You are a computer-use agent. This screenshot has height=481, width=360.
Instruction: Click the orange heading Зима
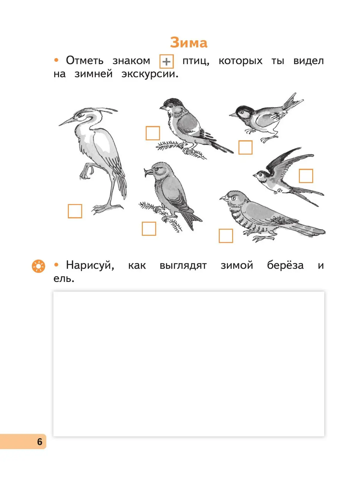[x=189, y=43]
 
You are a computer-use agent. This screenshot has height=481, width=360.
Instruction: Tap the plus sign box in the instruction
[x=166, y=61]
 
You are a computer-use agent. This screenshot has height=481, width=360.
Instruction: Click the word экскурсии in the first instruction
[x=150, y=74]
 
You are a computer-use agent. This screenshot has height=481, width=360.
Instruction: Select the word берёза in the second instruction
[x=285, y=265]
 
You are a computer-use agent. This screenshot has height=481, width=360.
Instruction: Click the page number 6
[x=40, y=441]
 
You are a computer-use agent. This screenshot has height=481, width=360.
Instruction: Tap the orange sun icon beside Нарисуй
[x=38, y=266]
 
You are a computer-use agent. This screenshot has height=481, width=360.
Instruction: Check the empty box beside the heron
[x=75, y=211]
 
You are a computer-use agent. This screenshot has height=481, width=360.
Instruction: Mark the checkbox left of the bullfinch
[x=153, y=133]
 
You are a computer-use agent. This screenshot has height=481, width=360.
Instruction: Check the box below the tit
[x=245, y=147]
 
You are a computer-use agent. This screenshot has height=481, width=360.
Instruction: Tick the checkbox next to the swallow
[x=306, y=176]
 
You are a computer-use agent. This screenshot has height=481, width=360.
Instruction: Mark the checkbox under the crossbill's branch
[x=149, y=229]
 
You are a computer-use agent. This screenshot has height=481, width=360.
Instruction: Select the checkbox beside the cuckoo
[x=226, y=236]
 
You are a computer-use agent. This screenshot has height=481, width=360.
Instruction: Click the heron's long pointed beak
[x=67, y=122]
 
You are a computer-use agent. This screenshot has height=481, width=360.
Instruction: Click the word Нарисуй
[x=90, y=265]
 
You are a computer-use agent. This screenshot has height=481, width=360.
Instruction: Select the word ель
[x=64, y=278]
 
